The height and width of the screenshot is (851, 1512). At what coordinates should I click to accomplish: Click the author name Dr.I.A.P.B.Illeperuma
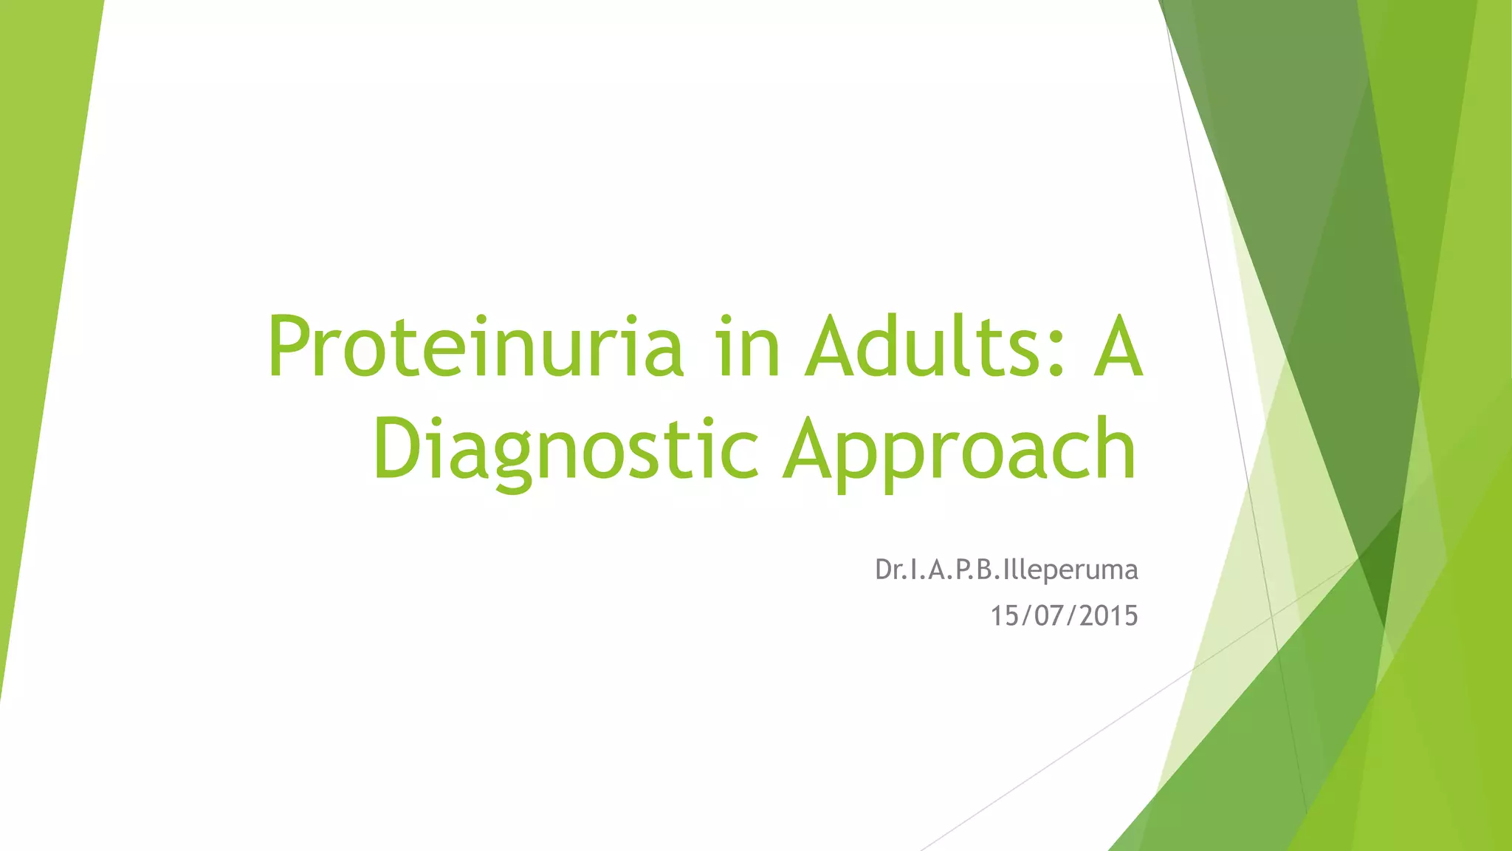click(1006, 570)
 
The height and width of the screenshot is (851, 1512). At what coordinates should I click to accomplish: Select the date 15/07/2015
click(1063, 615)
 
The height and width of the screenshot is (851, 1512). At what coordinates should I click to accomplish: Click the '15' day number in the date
click(1005, 615)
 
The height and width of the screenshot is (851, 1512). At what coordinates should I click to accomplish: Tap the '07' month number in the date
click(1048, 615)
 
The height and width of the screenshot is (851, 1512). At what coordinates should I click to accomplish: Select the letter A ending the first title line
click(1118, 346)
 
